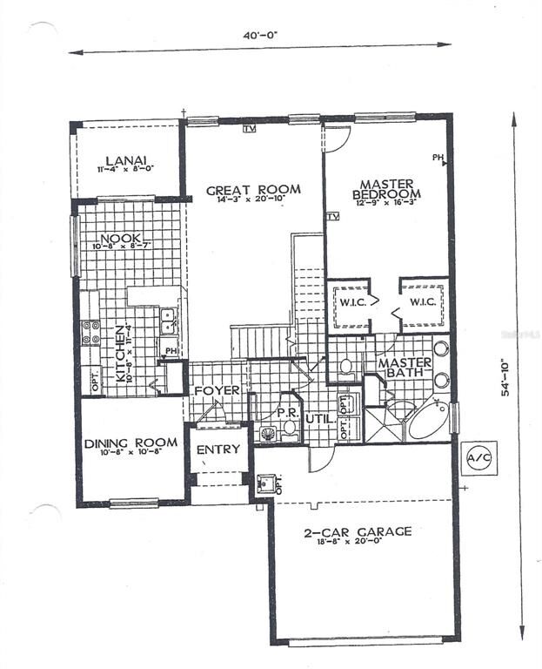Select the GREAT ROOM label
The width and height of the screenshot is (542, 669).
pyautogui.click(x=253, y=189)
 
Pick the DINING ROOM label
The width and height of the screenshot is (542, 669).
pyautogui.click(x=130, y=443)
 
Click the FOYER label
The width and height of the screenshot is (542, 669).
pyautogui.click(x=216, y=390)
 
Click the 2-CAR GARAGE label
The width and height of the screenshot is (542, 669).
pyautogui.click(x=358, y=530)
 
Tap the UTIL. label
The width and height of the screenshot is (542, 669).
pyautogui.click(x=318, y=419)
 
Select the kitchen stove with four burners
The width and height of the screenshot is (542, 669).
pyautogui.click(x=90, y=332)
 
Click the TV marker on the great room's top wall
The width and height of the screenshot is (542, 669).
pyautogui.click(x=250, y=129)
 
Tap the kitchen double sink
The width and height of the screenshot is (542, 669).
pyautogui.click(x=169, y=321)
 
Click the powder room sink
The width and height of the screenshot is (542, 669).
pyautogui.click(x=267, y=432)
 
